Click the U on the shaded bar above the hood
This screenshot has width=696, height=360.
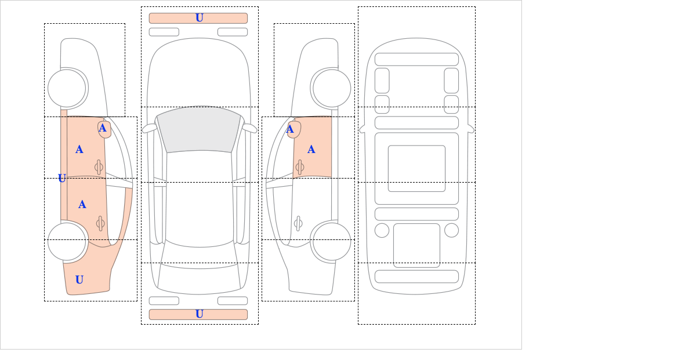(200, 18)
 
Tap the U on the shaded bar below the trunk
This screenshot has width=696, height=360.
(200, 314)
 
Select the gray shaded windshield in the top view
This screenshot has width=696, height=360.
(199, 129)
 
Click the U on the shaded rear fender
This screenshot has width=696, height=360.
(79, 279)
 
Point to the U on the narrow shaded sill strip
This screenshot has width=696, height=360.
(62, 178)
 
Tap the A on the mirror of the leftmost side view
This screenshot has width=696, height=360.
(103, 128)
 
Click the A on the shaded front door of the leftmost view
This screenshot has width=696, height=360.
(79, 150)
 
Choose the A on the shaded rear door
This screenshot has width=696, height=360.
(82, 205)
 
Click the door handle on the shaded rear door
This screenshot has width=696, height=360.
(100, 223)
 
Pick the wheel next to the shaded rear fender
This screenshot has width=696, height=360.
(67, 241)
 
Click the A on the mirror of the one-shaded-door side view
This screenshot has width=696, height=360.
(290, 129)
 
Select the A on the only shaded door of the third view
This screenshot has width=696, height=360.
(311, 150)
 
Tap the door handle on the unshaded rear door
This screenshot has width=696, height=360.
(298, 223)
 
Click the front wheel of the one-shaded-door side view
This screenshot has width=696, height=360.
(332, 88)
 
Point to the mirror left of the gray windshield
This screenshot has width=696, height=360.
(150, 128)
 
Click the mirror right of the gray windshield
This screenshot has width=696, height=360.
(249, 128)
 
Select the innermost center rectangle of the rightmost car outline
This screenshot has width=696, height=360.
(416, 168)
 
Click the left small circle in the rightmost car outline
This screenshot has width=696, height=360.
(382, 231)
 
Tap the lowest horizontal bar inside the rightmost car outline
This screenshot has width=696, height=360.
(416, 277)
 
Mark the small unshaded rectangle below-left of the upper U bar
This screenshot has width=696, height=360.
(164, 32)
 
